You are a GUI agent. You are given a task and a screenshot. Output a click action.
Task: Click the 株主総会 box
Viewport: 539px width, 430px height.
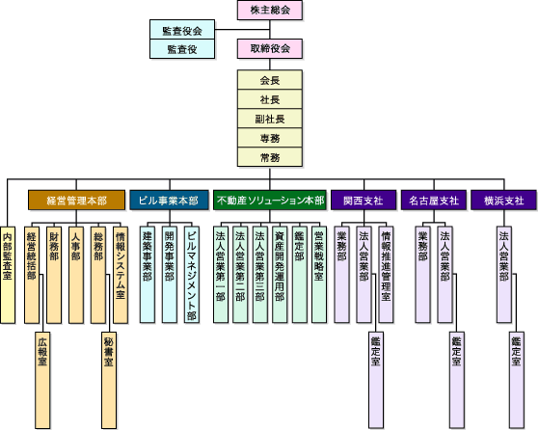click(270, 10)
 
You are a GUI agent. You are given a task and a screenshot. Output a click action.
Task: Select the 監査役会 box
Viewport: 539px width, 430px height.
click(182, 30)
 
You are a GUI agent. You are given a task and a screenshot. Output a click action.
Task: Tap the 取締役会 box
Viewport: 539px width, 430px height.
click(270, 48)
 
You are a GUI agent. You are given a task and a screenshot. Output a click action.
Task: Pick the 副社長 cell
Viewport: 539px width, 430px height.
click(270, 119)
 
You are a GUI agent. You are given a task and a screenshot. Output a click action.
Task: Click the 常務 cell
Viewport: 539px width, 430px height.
click(270, 157)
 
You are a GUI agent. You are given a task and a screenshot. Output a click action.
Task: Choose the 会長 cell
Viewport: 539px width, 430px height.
click(270, 80)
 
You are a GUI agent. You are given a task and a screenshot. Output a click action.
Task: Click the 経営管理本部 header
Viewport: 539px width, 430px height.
click(76, 200)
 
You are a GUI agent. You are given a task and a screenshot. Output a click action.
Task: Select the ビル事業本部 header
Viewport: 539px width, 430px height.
click(169, 200)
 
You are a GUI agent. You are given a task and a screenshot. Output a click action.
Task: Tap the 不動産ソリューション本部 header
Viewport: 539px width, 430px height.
click(270, 200)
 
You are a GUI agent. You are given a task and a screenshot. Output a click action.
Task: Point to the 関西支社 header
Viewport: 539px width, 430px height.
click(364, 200)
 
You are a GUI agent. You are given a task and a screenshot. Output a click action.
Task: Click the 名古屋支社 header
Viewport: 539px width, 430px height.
click(434, 200)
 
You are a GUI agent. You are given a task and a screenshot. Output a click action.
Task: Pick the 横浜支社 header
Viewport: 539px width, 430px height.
click(504, 200)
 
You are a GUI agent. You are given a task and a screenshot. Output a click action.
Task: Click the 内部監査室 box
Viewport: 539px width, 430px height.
click(8, 275)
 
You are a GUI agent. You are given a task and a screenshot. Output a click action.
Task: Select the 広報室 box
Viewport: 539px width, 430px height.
click(42, 380)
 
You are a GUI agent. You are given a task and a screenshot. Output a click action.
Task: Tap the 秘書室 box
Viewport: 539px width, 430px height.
click(109, 380)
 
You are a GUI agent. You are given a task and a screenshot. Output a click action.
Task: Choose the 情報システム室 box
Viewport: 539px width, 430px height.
click(121, 275)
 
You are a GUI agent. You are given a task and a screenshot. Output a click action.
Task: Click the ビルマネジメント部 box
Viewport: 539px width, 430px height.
click(192, 275)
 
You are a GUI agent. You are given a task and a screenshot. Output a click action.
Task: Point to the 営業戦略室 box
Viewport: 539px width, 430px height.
click(319, 275)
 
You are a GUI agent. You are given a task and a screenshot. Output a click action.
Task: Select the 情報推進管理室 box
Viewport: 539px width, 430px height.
click(386, 275)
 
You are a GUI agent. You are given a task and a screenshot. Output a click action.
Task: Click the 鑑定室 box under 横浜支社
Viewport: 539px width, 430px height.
click(517, 380)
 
